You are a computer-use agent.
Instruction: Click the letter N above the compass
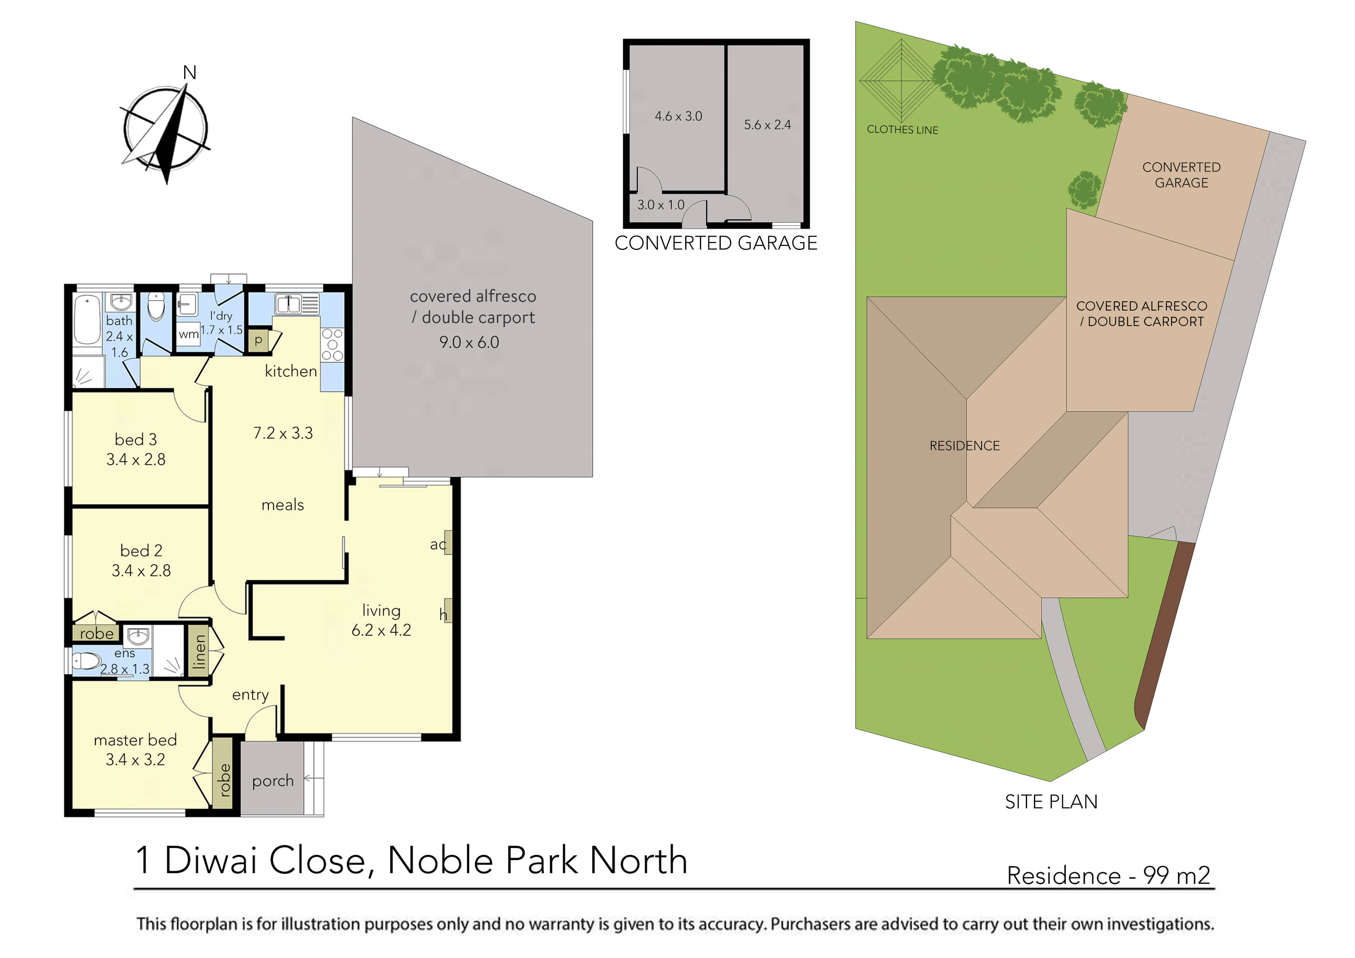tap(189, 73)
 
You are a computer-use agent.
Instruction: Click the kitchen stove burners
tap(332, 345)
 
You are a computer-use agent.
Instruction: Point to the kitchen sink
tap(289, 304)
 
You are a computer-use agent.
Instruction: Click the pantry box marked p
tap(258, 341)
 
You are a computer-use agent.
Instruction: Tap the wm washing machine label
tap(188, 334)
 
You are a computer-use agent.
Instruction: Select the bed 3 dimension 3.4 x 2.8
tap(136, 459)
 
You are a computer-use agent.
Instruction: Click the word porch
tap(273, 781)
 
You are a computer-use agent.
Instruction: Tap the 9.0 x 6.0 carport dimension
tap(469, 342)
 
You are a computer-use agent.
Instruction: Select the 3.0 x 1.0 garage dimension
tap(661, 205)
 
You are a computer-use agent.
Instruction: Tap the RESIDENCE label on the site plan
tap(964, 446)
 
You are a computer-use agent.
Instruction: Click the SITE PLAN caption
tap(1051, 802)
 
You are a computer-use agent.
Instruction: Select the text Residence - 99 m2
tap(1108, 875)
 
